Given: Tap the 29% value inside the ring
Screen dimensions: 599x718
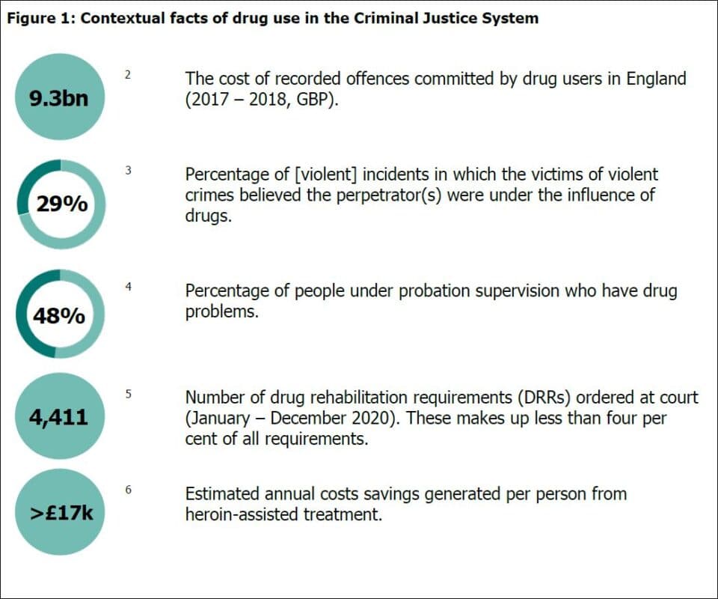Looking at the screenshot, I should pyautogui.click(x=62, y=204).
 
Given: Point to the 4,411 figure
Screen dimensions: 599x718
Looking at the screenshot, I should pyautogui.click(x=58, y=416).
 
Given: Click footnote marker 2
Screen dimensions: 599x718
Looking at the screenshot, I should pyautogui.click(x=128, y=74).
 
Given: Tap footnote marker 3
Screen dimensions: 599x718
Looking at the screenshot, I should pyautogui.click(x=128, y=170).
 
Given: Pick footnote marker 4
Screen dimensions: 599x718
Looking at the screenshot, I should pyautogui.click(x=128, y=285).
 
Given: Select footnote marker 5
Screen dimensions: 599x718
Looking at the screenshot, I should pyautogui.click(x=128, y=392).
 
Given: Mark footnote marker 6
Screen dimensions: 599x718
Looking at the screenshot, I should pyautogui.click(x=128, y=489).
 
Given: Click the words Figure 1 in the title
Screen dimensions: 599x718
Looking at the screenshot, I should pyautogui.click(x=38, y=19).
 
